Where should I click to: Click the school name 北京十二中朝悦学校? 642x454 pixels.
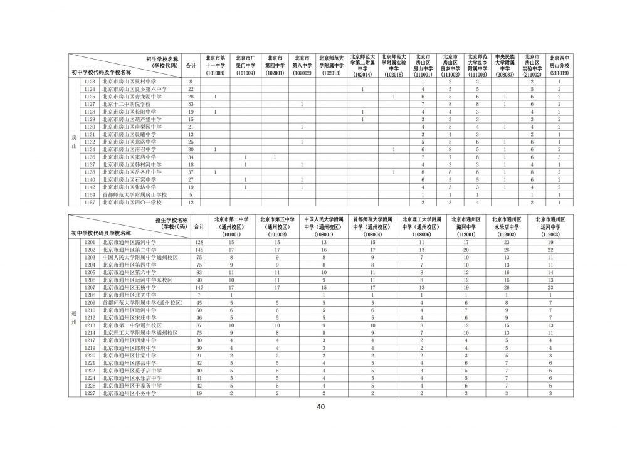click(x=127, y=105)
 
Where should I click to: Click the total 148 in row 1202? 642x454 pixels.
click(x=199, y=250)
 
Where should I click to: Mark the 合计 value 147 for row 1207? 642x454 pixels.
click(x=199, y=287)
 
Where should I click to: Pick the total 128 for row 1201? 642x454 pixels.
click(x=199, y=242)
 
